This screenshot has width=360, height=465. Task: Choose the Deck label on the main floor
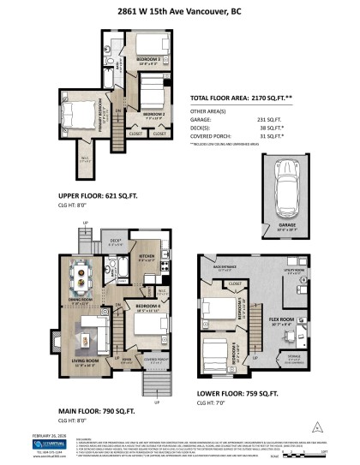[115, 265]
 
